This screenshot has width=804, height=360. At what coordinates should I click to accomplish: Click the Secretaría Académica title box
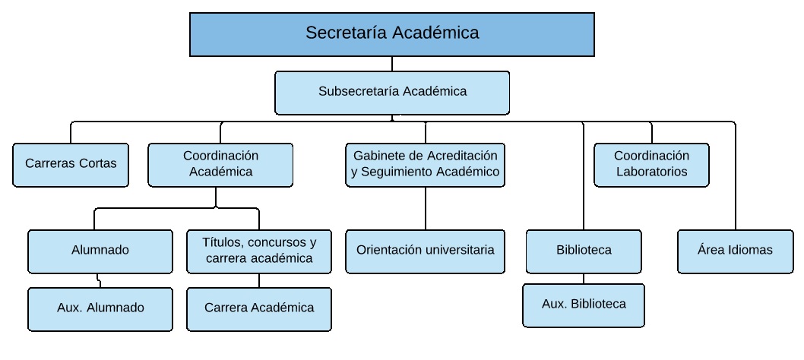[392, 34]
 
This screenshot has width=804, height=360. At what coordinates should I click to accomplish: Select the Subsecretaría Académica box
[392, 93]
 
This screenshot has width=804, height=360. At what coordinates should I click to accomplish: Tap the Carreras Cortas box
[71, 165]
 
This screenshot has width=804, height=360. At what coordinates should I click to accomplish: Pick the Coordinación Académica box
[220, 165]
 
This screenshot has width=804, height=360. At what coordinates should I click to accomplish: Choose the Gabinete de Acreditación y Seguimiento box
[425, 165]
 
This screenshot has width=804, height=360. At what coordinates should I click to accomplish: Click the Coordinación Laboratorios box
[652, 165]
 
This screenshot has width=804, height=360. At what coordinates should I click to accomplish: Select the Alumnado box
[100, 251]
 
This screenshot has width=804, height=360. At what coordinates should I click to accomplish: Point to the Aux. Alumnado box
[100, 309]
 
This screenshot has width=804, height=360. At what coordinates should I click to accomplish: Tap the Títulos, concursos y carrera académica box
[259, 251]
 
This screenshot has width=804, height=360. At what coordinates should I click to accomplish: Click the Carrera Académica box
[259, 309]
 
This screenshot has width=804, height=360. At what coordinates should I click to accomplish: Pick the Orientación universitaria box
[425, 251]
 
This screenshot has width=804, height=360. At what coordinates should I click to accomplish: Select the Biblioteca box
[584, 251]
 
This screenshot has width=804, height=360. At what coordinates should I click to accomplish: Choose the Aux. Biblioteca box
[584, 305]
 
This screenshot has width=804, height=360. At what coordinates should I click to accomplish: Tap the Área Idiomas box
[736, 251]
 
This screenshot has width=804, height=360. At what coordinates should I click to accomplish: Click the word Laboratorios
[652, 172]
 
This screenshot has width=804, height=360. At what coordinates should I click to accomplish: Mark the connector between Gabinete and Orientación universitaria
[425, 208]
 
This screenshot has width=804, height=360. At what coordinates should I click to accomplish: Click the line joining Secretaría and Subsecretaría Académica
[392, 64]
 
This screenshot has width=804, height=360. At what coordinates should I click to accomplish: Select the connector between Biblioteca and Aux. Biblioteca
[584, 279]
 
